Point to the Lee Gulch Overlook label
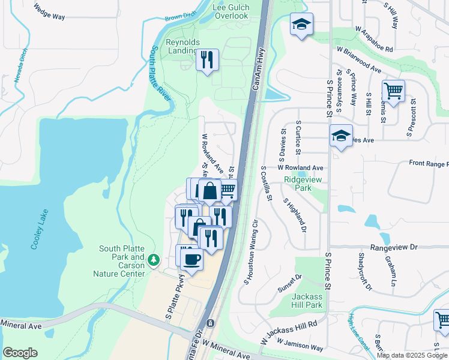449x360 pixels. pyautogui.click(x=231, y=11)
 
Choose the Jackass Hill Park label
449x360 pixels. pyautogui.click(x=307, y=301)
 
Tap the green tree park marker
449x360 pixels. pyautogui.click(x=154, y=259)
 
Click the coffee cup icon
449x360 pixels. pyautogui.click(x=191, y=259)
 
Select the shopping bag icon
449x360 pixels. pyautogui.click(x=211, y=191)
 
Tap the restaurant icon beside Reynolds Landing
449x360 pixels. pyautogui.click(x=207, y=59)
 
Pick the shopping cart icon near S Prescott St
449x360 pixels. pyautogui.click(x=393, y=91)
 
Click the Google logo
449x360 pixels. pyautogui.click(x=20, y=353)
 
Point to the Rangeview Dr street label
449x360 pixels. pyautogui.click(x=393, y=247)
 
